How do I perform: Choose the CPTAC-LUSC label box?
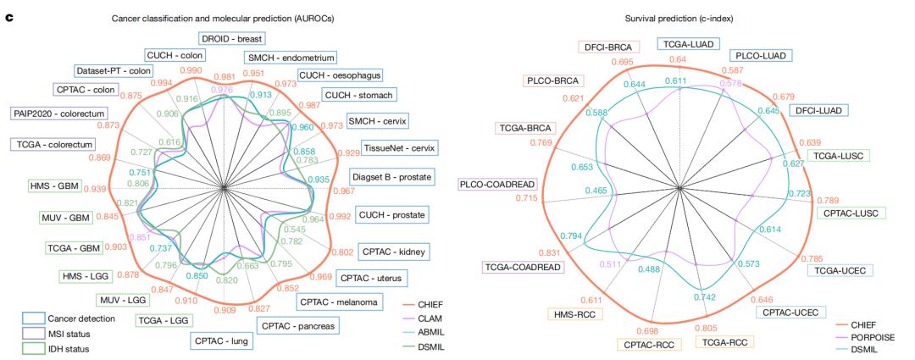852,212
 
